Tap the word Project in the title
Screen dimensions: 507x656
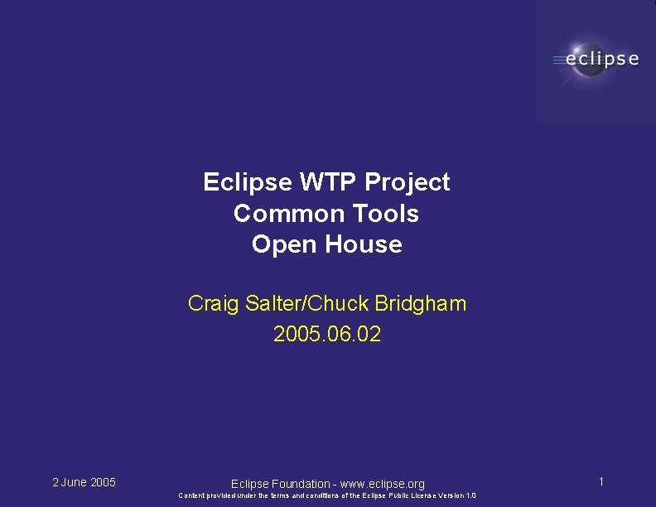pos(408,182)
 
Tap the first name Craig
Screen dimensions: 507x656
pos(214,304)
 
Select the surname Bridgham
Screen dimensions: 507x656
pos(421,304)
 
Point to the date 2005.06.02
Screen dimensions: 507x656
pos(327,335)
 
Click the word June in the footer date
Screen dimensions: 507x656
pos(75,482)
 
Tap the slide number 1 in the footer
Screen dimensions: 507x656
pos(601,481)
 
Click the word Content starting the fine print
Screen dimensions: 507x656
pos(191,495)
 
